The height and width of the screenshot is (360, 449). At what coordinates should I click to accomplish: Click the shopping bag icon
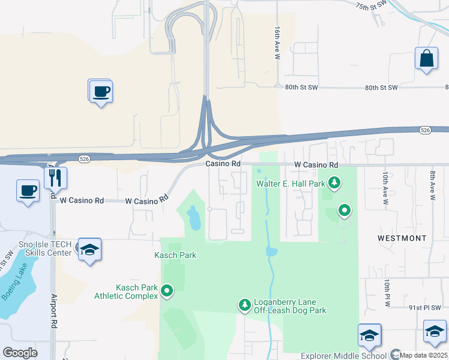click(x=426, y=59)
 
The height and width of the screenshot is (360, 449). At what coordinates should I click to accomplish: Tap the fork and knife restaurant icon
click(x=55, y=178)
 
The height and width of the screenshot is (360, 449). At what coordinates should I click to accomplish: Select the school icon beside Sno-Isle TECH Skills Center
click(x=89, y=250)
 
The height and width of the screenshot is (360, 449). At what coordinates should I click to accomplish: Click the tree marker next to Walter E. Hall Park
click(x=335, y=182)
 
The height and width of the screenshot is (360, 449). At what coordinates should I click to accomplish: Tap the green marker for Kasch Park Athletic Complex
click(x=167, y=292)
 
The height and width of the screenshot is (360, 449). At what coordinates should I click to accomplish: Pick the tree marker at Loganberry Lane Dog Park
click(x=245, y=305)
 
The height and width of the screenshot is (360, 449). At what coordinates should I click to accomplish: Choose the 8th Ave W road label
click(x=432, y=185)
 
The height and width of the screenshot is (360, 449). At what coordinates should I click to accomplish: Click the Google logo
click(x=20, y=353)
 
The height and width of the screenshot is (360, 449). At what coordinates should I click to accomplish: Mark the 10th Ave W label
click(x=385, y=187)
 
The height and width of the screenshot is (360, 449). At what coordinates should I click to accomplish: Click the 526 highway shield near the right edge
click(x=424, y=129)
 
